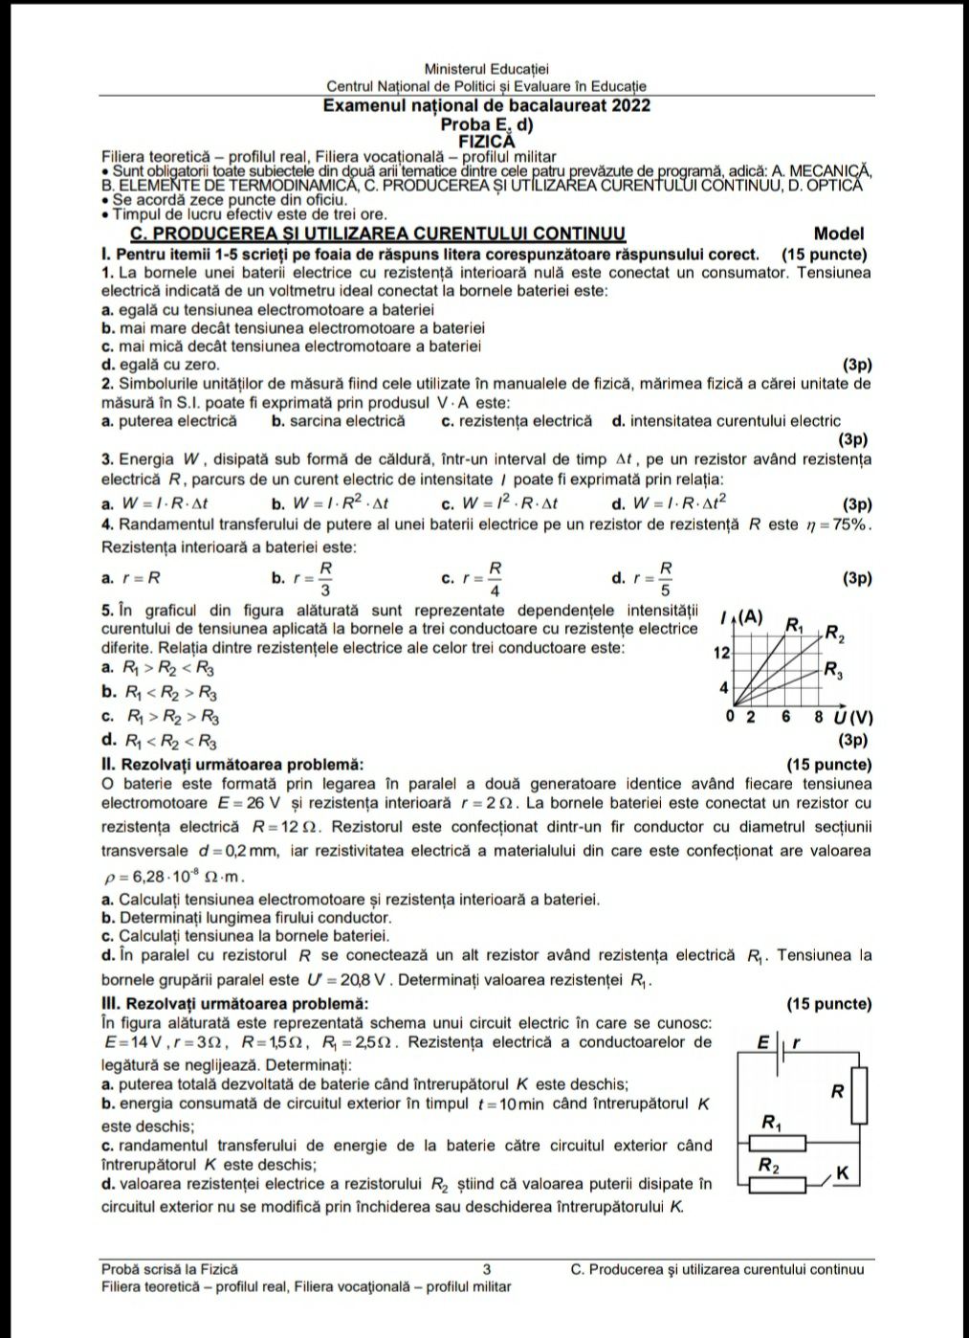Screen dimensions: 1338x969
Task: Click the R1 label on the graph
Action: point(795,626)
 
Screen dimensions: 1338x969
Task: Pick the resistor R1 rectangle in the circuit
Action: point(777,1142)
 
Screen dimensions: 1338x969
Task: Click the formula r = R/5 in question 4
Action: point(651,578)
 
